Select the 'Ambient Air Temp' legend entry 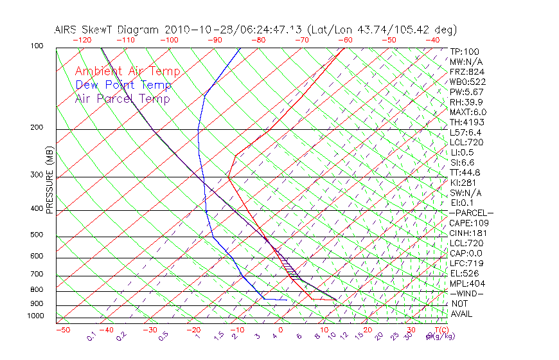[x=127, y=72]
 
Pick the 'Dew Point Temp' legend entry [x=123, y=85]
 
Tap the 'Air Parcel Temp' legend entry [x=122, y=99]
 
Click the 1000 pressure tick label [x=37, y=316]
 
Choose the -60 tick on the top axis [x=346, y=40]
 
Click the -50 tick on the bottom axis [x=62, y=330]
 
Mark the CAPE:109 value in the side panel [x=468, y=222]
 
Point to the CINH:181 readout [x=467, y=233]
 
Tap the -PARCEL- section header [x=471, y=213]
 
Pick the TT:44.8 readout [x=466, y=172]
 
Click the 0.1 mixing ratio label [x=91, y=336]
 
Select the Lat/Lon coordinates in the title [x=382, y=30]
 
